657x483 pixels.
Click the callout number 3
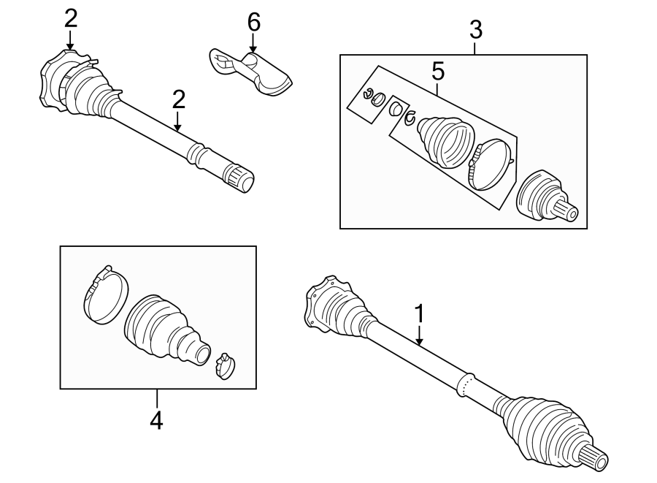[x=475, y=31]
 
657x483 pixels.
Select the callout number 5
[x=437, y=72]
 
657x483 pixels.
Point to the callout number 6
[x=253, y=22]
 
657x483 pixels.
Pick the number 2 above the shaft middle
[x=178, y=99]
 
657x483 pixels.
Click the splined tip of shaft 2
[x=241, y=178]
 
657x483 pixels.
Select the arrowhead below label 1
[x=419, y=341]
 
